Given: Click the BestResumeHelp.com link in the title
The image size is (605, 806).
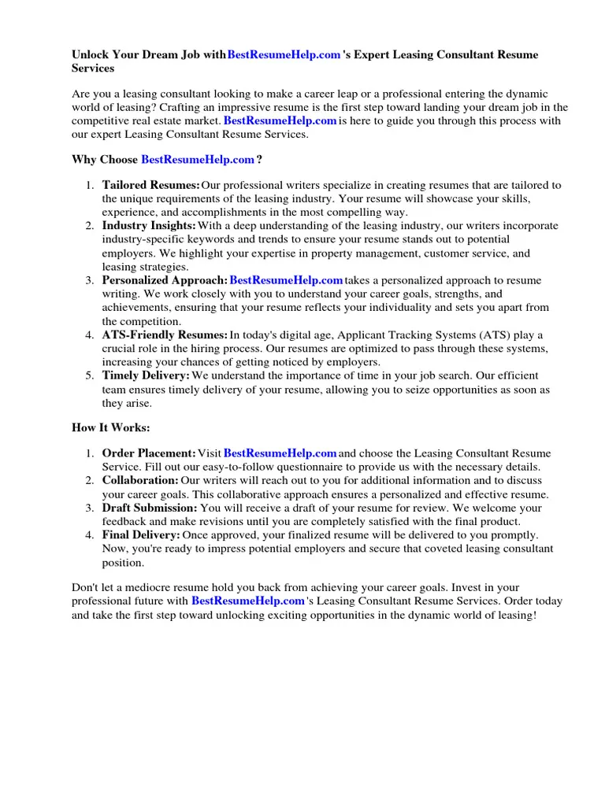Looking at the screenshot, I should tap(284, 55).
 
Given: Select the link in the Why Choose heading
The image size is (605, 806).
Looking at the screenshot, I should tap(198, 160).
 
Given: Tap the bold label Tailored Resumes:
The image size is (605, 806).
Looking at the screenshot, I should tap(150, 186).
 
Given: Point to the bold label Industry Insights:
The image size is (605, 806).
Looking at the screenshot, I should tap(149, 226).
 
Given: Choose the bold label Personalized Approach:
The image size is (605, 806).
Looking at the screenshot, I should tap(165, 280).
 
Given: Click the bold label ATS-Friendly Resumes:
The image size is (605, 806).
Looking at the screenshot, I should tap(165, 335).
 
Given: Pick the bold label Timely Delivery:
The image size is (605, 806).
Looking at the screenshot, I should tap(146, 376).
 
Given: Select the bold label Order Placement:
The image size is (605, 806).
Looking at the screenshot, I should tap(149, 454).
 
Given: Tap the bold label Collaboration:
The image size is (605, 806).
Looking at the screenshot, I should tap(140, 480).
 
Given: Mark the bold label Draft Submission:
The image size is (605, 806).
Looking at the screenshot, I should tap(150, 508).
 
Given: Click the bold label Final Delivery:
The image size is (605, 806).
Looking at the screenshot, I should tap(141, 535).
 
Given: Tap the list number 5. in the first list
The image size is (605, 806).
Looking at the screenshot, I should tap(90, 376).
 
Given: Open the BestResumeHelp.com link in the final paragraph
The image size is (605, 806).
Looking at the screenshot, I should tap(247, 601).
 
